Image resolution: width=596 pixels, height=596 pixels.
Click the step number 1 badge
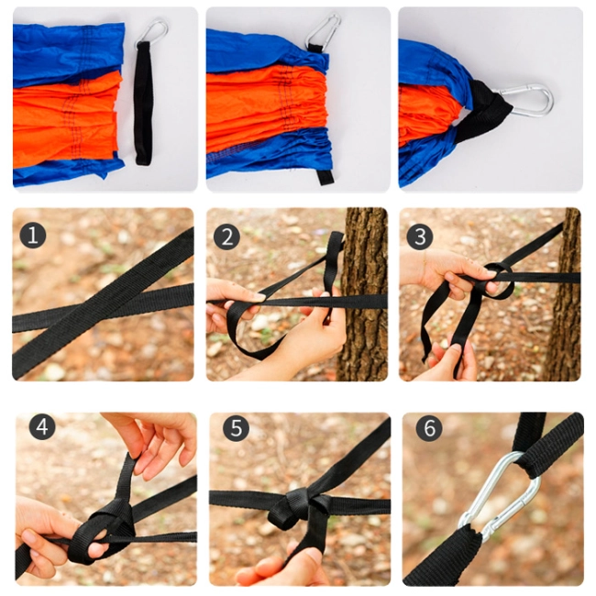(33, 235)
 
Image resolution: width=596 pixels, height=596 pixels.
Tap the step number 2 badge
(226, 237)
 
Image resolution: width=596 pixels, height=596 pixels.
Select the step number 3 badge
(420, 237)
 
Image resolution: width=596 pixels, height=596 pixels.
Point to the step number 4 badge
(42, 427)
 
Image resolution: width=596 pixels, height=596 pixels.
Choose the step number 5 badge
(236, 428)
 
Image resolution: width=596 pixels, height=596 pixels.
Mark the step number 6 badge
(429, 428)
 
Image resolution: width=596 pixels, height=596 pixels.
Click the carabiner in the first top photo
(153, 32)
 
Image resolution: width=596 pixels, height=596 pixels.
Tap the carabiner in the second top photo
(323, 30)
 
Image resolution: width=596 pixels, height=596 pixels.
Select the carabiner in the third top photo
(525, 99)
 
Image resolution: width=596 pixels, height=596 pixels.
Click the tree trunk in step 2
(363, 293)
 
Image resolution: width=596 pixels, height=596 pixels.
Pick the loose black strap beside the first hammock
(144, 103)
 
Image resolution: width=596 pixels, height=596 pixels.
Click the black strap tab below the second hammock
(326, 177)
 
